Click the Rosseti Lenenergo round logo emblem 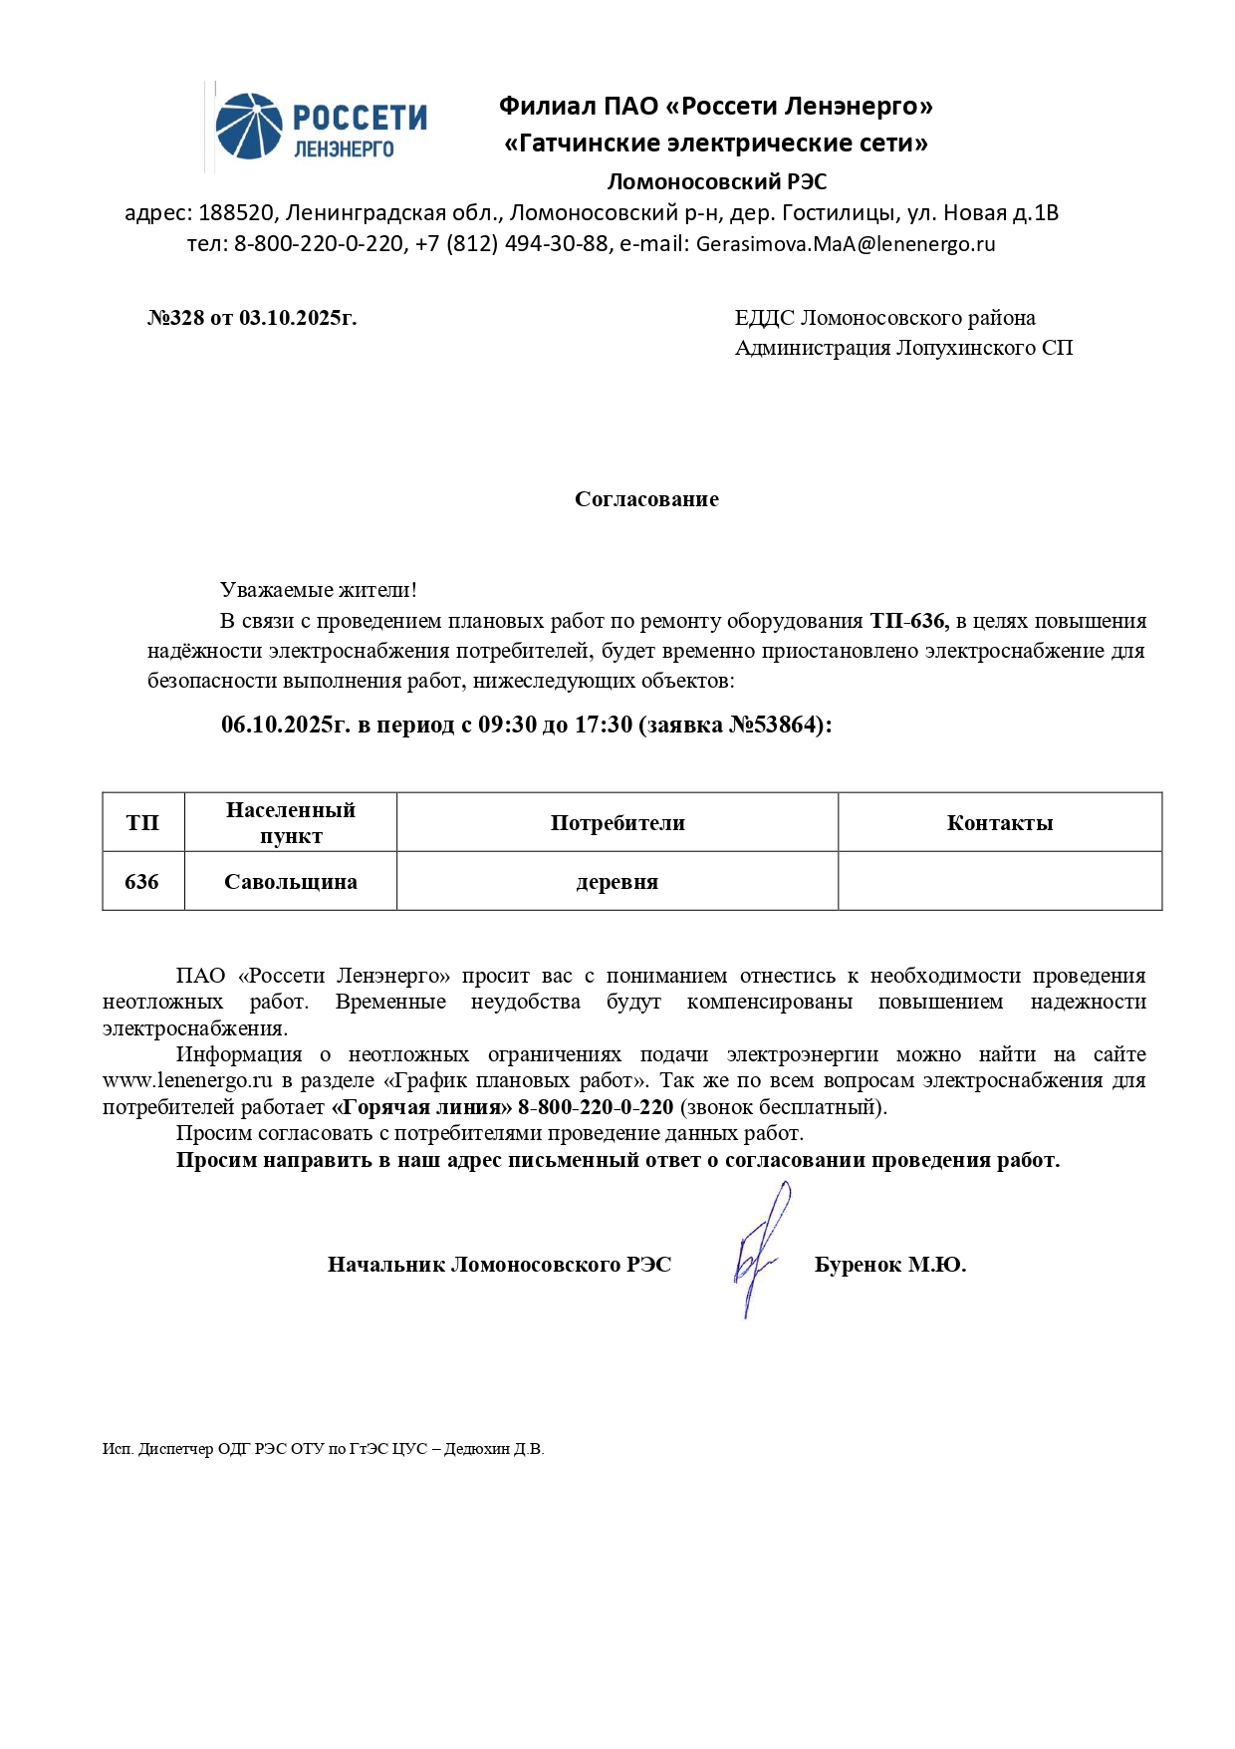(249, 127)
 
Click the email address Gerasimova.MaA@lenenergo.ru (845, 244)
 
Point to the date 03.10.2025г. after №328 (298, 318)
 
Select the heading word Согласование (646, 499)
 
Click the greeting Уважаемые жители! (318, 590)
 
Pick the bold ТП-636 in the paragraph (907, 621)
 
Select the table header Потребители (617, 823)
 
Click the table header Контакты (1000, 823)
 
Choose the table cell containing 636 (142, 882)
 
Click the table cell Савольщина (291, 882)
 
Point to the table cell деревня (617, 882)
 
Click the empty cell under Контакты (1000, 882)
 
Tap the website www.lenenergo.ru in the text (187, 1080)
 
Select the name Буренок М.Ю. (890, 1265)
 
